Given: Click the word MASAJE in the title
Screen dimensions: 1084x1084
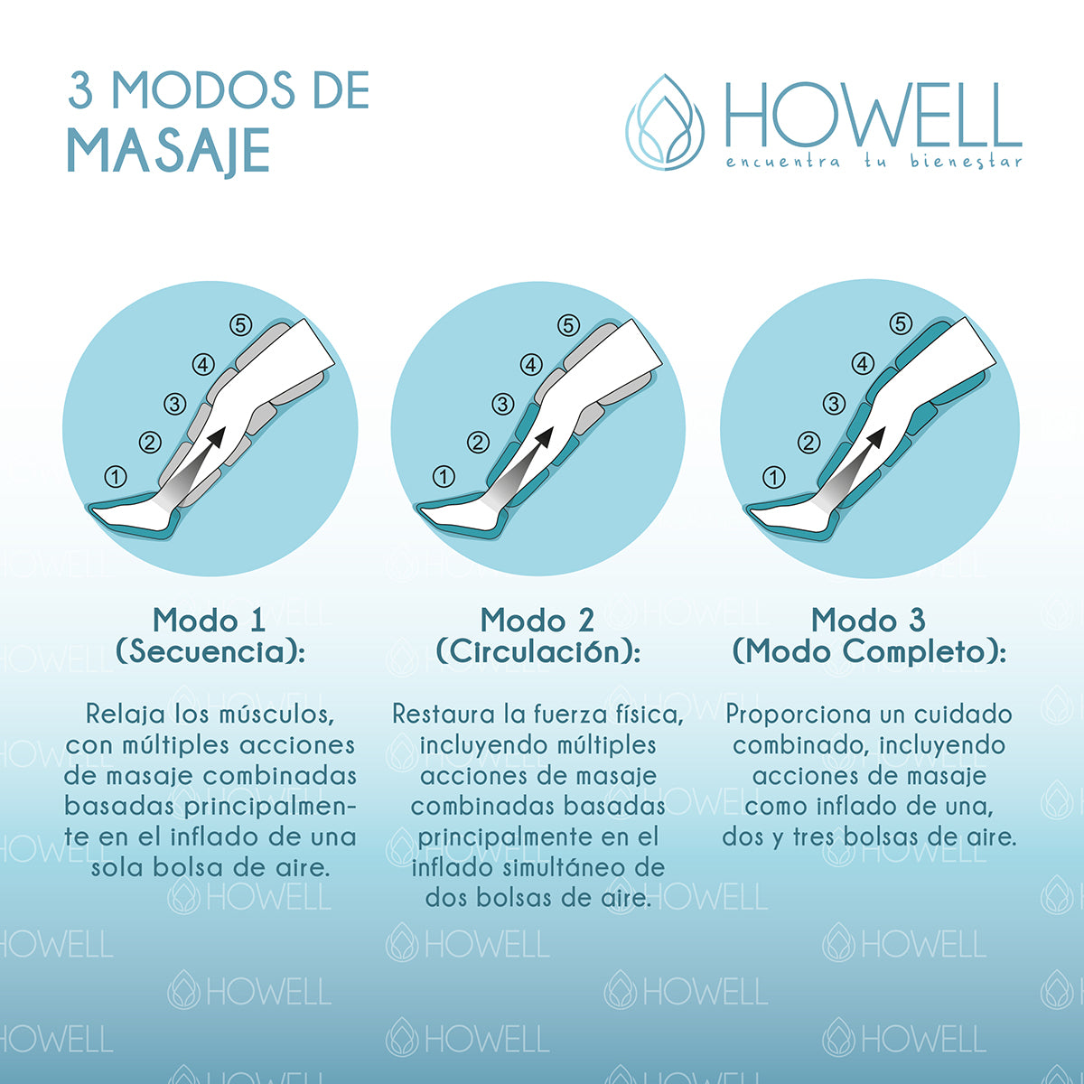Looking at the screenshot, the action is click(x=169, y=152).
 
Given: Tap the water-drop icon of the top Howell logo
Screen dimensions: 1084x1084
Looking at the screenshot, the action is click(x=666, y=122).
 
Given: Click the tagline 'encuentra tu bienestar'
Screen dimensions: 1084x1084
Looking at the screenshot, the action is click(x=874, y=162).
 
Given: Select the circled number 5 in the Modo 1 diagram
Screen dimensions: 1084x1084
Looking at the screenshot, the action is click(x=241, y=325).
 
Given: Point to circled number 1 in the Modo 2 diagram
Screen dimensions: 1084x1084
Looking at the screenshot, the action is click(x=444, y=477).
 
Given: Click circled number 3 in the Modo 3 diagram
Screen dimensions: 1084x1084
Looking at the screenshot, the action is click(x=834, y=403).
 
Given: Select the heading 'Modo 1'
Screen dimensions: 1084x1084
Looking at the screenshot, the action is click(x=210, y=621).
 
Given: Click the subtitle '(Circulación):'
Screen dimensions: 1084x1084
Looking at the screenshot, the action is click(x=538, y=652).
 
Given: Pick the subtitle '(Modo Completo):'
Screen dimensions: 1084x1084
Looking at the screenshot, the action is click(x=869, y=652).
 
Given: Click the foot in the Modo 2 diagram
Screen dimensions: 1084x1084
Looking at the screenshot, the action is click(x=463, y=515).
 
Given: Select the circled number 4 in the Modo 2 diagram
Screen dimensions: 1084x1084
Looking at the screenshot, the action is click(x=531, y=365).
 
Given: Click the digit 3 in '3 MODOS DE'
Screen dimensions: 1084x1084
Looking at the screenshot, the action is click(x=80, y=90).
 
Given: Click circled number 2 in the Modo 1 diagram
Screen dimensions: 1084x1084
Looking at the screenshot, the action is click(x=150, y=442).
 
